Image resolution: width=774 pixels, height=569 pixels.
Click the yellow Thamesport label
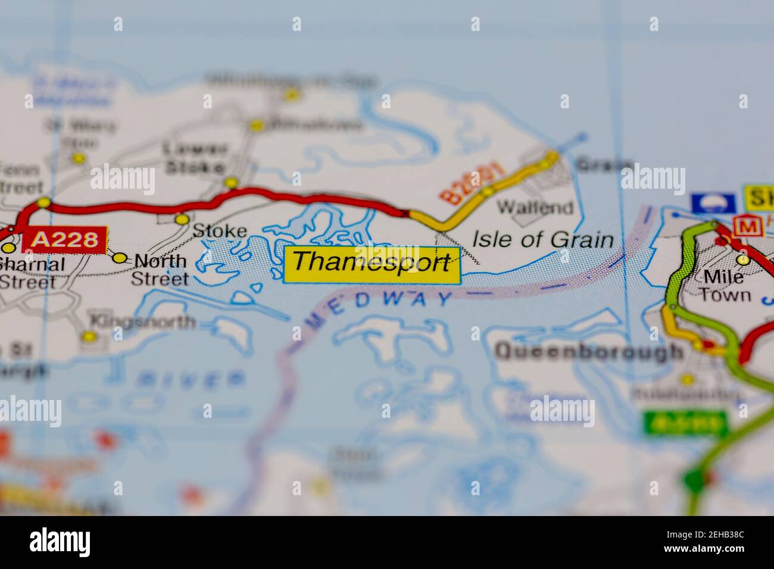(x=372, y=264)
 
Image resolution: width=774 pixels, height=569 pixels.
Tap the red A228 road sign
(x=64, y=239)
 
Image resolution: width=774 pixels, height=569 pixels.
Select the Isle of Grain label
(x=542, y=239)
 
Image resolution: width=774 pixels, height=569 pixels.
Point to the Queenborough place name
(x=589, y=351)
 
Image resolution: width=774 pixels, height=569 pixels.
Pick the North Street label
(x=160, y=269)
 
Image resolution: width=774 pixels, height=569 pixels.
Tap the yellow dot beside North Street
(x=120, y=258)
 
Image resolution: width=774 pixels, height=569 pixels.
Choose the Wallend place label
(x=535, y=207)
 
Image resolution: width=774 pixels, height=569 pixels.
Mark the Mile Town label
(x=722, y=286)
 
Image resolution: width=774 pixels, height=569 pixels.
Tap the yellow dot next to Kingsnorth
(x=89, y=337)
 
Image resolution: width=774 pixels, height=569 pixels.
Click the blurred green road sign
(x=685, y=424)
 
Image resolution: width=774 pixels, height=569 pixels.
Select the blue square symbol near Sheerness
(x=712, y=203)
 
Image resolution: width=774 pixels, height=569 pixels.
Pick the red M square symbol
(x=744, y=226)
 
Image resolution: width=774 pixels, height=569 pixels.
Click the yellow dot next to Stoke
(x=182, y=220)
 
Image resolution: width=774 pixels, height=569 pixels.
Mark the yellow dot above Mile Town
(x=742, y=260)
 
